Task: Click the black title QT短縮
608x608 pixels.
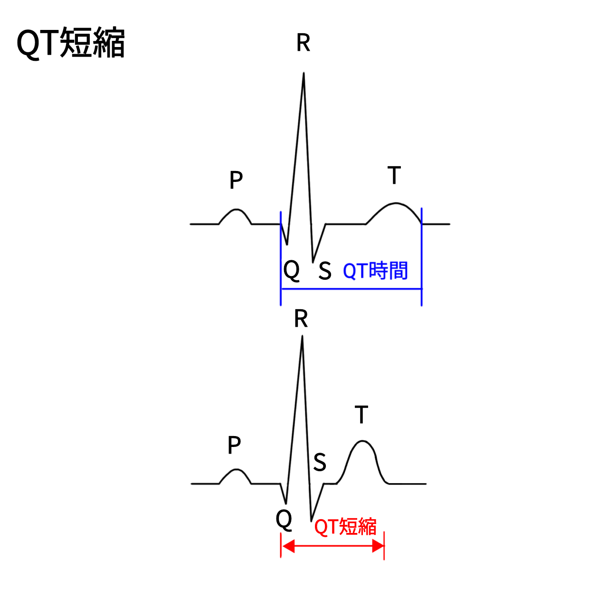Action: tap(71, 43)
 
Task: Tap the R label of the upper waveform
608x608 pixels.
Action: tap(303, 43)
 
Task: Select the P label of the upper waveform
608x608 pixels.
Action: tap(236, 180)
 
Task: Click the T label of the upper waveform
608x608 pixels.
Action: tap(394, 175)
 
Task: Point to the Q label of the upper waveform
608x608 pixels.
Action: tap(291, 270)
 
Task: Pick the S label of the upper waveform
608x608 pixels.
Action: tap(325, 271)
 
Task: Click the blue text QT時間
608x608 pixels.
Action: tap(375, 271)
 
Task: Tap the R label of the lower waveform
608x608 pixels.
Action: tap(301, 319)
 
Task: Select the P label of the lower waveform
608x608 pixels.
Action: tap(234, 445)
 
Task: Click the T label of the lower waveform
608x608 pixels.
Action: tap(361, 415)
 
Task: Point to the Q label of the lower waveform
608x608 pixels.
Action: tap(284, 519)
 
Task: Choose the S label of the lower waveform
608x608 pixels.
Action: tap(320, 462)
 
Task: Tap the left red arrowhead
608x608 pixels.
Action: tap(288, 546)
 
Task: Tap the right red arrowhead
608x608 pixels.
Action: tap(378, 546)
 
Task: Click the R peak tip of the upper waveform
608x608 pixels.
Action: tap(304, 73)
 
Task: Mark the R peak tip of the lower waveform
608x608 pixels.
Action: tap(302, 336)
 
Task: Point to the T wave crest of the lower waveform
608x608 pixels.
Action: tap(362, 441)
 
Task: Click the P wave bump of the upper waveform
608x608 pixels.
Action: tap(236, 209)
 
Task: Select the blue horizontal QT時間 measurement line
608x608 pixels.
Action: tap(351, 289)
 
